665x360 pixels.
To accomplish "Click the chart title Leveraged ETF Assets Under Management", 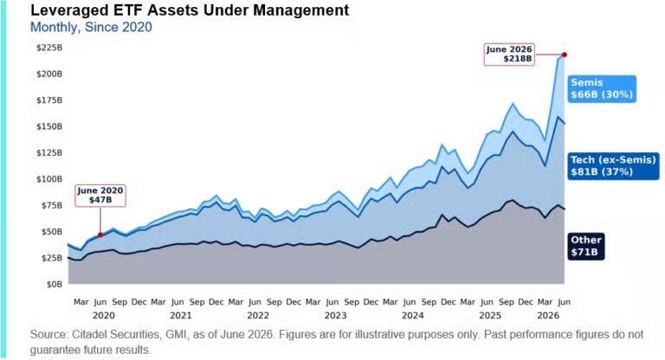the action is click(x=190, y=10).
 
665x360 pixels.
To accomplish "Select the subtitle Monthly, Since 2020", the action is click(x=91, y=27).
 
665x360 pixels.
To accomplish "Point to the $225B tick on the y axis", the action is click(x=49, y=48).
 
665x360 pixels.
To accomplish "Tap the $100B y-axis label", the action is click(x=49, y=179).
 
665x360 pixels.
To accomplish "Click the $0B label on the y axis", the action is click(x=55, y=284).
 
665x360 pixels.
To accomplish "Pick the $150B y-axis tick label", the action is click(x=49, y=126).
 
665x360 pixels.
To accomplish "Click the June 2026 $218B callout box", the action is click(x=509, y=55).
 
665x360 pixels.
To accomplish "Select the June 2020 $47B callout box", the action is click(x=100, y=196).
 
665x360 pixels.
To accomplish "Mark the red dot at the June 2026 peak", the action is click(x=565, y=55).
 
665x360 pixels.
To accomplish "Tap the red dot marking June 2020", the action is click(x=100, y=235).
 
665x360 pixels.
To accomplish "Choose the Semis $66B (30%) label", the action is click(x=602, y=88).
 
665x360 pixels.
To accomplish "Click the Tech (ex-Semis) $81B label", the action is click(x=613, y=166).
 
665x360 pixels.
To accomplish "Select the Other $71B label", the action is click(x=586, y=246).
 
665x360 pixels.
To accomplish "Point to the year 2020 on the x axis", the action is click(x=104, y=316).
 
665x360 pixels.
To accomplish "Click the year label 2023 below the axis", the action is click(x=335, y=316).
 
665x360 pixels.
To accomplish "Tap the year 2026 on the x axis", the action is click(x=548, y=316).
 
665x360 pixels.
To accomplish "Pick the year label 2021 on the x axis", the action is click(x=181, y=316).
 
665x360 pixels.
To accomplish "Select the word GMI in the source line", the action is click(x=175, y=335).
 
